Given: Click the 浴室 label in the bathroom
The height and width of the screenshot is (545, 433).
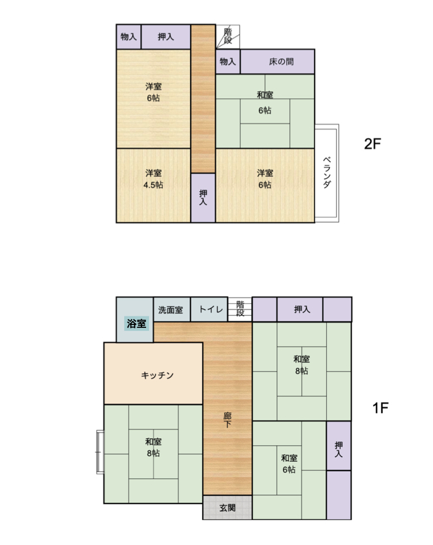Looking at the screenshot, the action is (x=137, y=323).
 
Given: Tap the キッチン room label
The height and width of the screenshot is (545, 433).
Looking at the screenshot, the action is (x=157, y=375).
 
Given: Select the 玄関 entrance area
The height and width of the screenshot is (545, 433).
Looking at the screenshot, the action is (x=227, y=507).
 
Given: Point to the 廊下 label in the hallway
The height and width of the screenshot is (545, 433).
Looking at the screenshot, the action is (x=227, y=420).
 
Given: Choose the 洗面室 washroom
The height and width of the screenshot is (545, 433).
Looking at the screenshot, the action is (x=171, y=309).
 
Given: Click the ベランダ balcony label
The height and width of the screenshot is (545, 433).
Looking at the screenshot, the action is (x=327, y=173).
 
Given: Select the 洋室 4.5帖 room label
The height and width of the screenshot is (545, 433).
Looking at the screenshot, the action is (x=153, y=178).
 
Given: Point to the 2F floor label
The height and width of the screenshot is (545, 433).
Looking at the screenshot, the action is (x=372, y=144).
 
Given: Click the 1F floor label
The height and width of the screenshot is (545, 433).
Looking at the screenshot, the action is (x=380, y=408).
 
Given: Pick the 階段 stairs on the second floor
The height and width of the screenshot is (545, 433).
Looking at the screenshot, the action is (x=227, y=36).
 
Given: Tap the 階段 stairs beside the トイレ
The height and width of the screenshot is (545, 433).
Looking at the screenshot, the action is (x=240, y=309).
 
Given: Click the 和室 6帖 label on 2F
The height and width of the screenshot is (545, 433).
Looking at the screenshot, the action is (x=265, y=103).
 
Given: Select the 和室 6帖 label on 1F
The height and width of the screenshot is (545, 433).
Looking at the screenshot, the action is (x=289, y=464).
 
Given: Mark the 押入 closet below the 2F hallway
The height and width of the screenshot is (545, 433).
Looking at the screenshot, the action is (x=203, y=197).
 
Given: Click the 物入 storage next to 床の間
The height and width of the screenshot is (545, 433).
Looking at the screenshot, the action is (x=227, y=62).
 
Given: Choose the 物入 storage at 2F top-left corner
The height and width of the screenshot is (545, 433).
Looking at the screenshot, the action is (x=129, y=36).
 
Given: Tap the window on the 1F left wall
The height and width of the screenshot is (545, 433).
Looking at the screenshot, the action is (x=100, y=452).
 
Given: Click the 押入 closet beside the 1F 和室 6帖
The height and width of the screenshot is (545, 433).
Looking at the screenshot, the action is (x=338, y=446).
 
